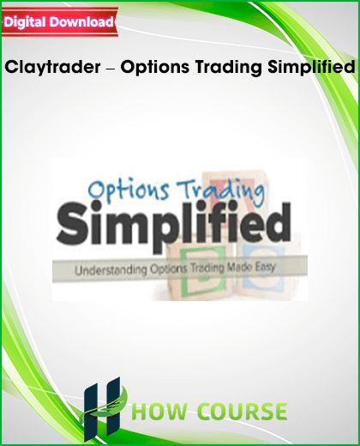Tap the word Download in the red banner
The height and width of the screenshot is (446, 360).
point(81,21)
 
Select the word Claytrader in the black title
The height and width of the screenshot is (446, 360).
point(52,68)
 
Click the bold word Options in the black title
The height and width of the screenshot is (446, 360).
point(155,67)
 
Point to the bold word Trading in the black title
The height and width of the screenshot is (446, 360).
point(229,68)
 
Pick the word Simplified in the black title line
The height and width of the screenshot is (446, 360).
point(311,67)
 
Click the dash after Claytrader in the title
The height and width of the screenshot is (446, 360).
point(111,69)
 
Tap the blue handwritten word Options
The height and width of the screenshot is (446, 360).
point(129,190)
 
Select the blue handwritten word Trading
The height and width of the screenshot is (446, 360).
point(220,192)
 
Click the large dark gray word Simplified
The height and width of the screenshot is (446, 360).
point(173,226)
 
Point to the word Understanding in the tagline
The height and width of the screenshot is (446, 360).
point(111,270)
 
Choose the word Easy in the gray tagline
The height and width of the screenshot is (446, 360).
point(265,268)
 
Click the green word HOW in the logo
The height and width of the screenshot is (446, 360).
point(161,412)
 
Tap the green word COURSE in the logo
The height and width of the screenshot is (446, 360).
point(243,412)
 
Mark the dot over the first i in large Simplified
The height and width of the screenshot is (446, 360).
point(98,206)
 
